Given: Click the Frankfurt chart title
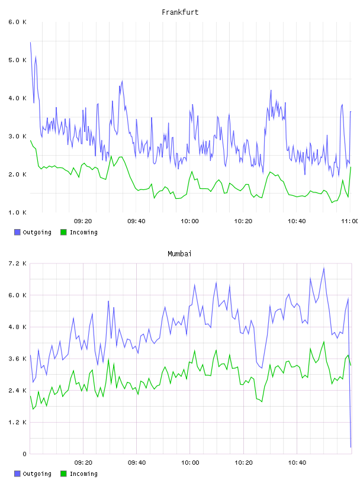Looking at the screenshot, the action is (180, 12).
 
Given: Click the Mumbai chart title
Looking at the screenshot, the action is (179, 254).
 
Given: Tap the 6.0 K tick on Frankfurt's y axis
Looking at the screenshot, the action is (17, 22).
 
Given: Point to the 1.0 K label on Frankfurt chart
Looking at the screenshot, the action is (17, 212).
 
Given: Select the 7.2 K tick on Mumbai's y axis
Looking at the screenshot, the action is (17, 263).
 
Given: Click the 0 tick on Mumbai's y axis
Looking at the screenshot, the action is (24, 454).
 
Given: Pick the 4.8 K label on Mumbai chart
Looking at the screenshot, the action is (17, 327).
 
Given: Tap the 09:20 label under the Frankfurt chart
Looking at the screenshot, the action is (83, 221).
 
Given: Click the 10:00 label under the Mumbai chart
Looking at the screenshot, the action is (190, 463).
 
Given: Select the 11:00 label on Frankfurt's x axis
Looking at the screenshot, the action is (350, 221).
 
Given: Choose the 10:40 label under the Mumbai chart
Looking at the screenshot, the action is (297, 463).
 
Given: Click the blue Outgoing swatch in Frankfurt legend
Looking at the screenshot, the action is (17, 232).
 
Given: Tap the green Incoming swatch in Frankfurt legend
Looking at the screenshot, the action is (63, 232).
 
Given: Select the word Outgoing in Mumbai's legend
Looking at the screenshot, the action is (37, 474).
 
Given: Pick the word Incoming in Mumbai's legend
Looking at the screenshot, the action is (83, 474).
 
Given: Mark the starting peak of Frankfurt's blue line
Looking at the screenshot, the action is (31, 42).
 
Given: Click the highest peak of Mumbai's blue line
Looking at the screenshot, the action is (324, 268).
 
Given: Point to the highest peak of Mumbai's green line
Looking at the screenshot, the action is (324, 342).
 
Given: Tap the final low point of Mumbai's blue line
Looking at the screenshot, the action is (351, 447).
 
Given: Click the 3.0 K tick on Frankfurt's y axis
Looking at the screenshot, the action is (17, 137).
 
